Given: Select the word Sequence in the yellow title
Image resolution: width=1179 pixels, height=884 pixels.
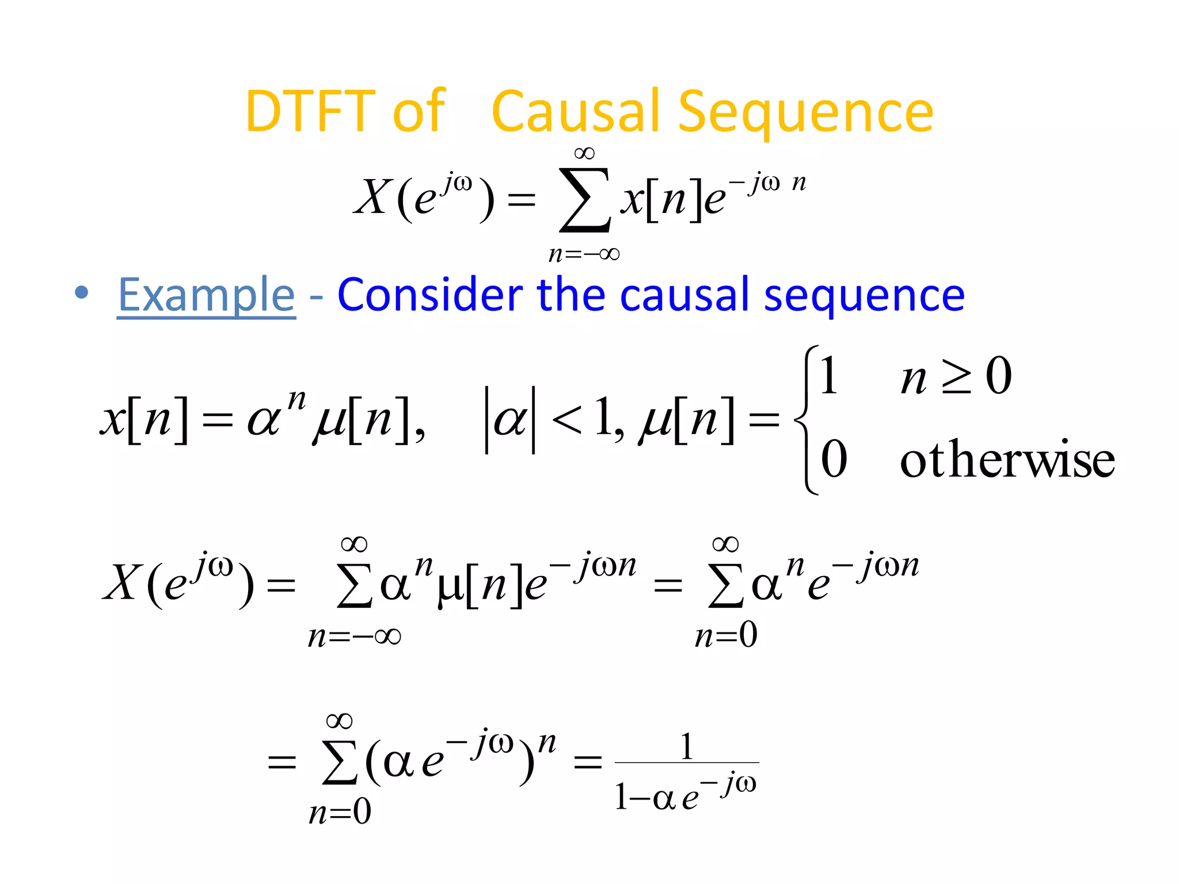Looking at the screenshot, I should [805, 113].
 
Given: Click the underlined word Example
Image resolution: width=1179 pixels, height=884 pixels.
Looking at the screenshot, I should [206, 295].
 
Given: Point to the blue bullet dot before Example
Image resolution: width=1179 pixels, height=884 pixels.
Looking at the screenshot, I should [82, 292].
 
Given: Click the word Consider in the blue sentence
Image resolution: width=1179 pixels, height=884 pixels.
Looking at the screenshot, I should [429, 295].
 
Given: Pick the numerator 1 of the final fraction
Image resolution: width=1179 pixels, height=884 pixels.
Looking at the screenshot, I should [687, 746].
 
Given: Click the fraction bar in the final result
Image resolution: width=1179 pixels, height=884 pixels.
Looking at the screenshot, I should [687, 763].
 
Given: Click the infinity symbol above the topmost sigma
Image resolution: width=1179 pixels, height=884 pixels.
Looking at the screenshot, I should [584, 153].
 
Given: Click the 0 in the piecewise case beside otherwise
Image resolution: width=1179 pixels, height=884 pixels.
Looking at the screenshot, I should [834, 459].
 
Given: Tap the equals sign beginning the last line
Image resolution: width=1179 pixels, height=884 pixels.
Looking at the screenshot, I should [282, 763].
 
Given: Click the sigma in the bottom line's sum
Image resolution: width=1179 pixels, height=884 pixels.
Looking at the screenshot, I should [340, 763].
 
